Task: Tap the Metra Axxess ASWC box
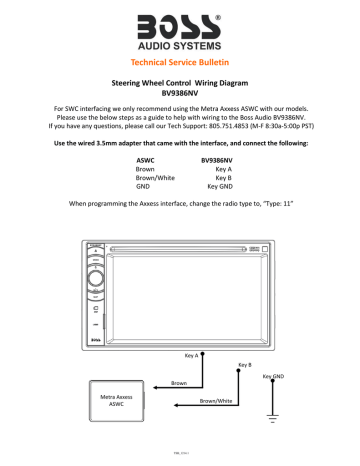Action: pyautogui.click(x=118, y=400)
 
